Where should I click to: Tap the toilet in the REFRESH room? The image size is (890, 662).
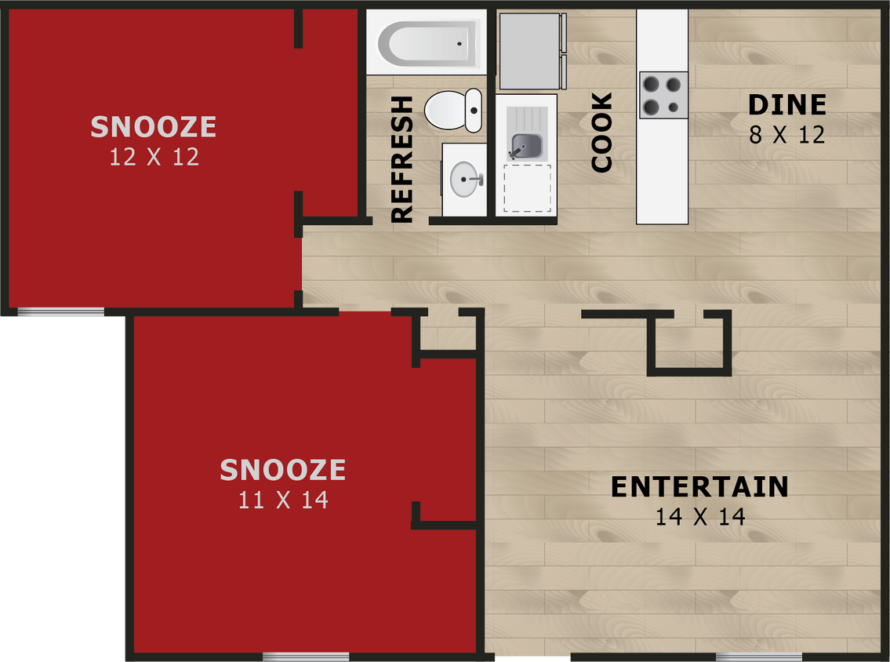pos(453,110)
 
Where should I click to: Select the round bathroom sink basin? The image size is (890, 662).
pos(465,180)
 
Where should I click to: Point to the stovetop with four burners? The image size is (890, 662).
pos(663,95)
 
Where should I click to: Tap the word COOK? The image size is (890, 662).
pos(601,133)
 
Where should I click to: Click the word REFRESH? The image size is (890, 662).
pos(401,159)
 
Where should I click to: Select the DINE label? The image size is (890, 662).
pos(787,105)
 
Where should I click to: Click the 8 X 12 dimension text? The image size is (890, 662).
pos(787,135)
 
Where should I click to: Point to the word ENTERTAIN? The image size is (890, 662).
pos(699,487)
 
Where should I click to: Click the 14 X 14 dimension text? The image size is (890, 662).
pos(700,517)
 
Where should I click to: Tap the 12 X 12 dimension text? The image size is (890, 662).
pos(154,157)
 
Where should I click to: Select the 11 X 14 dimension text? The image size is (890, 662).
pos(283,500)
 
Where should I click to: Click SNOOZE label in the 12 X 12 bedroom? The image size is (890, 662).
pos(154,127)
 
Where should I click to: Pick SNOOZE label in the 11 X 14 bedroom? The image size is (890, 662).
pos(283,470)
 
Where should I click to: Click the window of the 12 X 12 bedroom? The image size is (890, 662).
pos(60,312)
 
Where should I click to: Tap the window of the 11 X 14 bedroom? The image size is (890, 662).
pos(306,657)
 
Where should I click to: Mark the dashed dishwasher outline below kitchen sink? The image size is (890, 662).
pos(527,188)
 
